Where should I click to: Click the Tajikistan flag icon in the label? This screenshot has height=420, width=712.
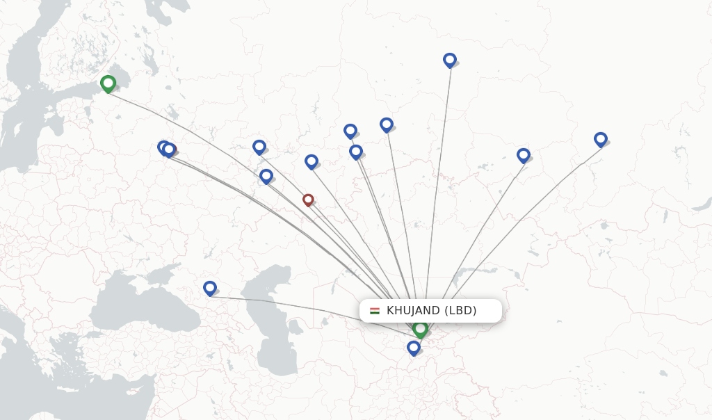[375, 311]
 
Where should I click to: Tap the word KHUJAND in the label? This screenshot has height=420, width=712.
[413, 311]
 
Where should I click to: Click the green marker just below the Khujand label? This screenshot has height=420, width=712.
[420, 328]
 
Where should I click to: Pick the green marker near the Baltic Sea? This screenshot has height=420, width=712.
[108, 83]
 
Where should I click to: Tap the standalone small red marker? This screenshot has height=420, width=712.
[308, 200]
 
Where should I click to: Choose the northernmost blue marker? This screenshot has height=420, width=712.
[450, 60]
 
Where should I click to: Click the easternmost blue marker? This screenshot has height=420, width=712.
[601, 139]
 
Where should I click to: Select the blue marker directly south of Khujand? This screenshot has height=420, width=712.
[414, 347]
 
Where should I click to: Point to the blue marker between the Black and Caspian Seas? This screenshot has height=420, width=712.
[210, 287]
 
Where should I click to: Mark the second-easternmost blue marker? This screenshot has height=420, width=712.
[524, 155]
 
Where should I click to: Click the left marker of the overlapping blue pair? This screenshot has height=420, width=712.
[163, 147]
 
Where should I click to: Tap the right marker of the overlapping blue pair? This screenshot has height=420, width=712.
[170, 150]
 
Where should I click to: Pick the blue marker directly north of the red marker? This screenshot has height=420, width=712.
[311, 161]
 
